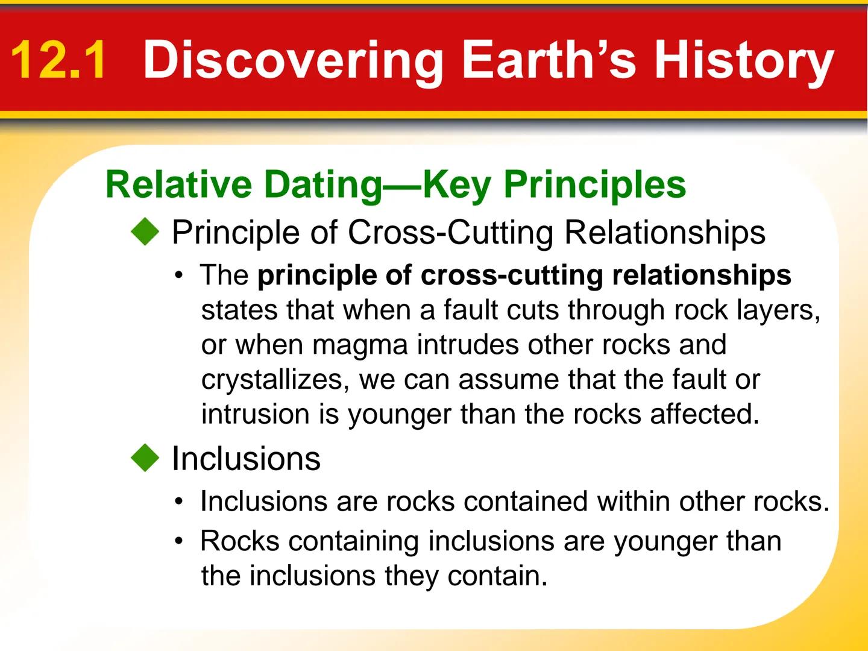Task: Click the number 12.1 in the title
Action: [x=58, y=60]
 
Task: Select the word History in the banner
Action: [x=744, y=60]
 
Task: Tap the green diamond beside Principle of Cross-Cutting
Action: [x=145, y=232]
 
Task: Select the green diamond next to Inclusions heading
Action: [x=145, y=458]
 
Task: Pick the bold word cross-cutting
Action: [x=515, y=275]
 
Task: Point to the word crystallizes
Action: [x=275, y=380]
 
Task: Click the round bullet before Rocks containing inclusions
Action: [x=179, y=541]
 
